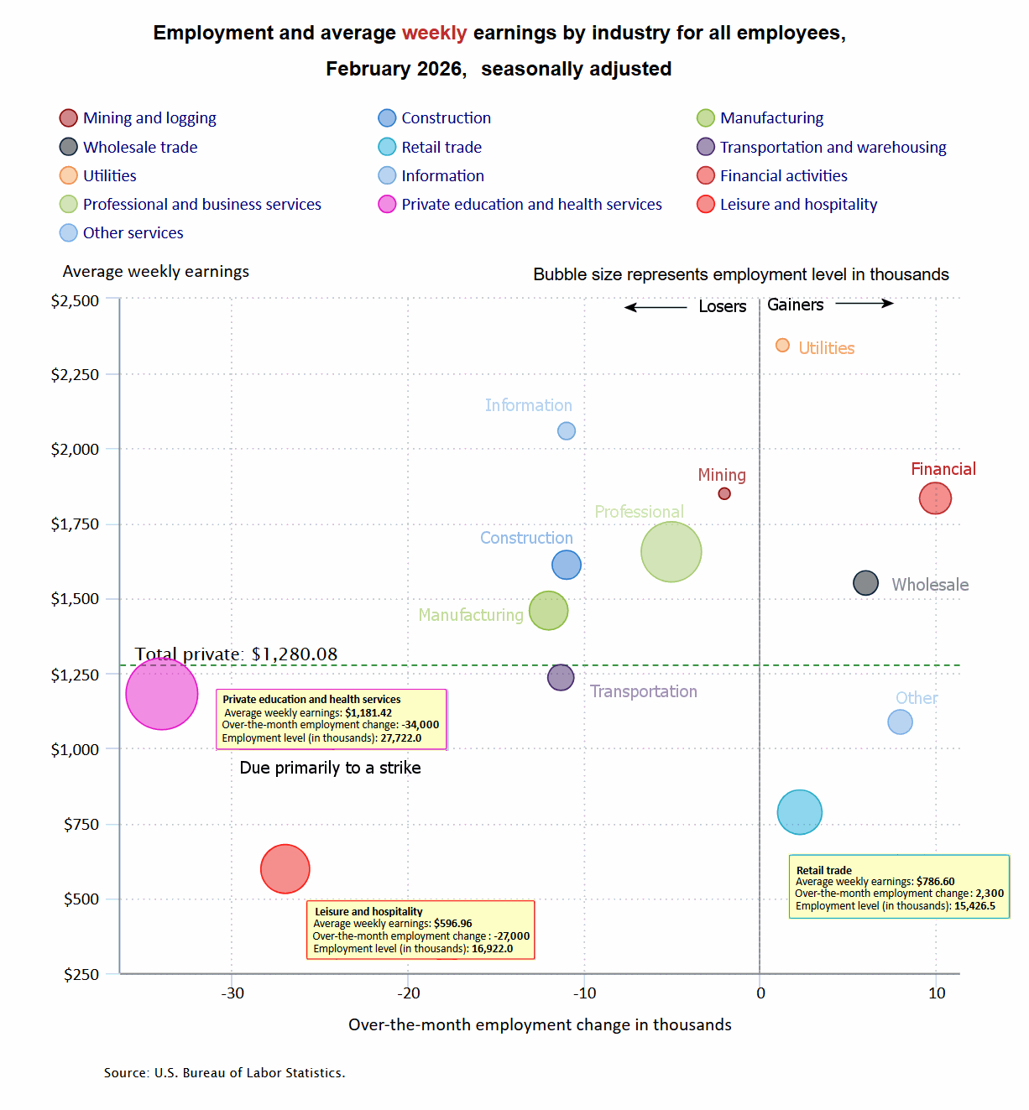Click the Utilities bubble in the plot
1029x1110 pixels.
pyautogui.click(x=782, y=346)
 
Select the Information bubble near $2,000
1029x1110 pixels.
pyautogui.click(x=567, y=431)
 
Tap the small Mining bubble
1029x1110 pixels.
pyautogui.click(x=724, y=493)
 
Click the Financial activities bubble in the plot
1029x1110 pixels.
pyautogui.click(x=935, y=498)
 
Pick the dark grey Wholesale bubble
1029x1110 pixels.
pyautogui.click(x=865, y=583)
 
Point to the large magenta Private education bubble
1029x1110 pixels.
pyautogui.click(x=162, y=694)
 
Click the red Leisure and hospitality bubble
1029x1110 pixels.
pyautogui.click(x=285, y=869)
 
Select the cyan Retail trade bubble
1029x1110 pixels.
pyautogui.click(x=799, y=812)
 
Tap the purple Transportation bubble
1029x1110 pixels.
pyautogui.click(x=561, y=677)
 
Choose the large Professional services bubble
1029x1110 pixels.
pyautogui.click(x=671, y=552)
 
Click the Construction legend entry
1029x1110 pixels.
pyautogui.click(x=446, y=118)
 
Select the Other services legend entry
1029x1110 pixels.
pyautogui.click(x=133, y=233)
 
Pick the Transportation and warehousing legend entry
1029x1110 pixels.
pyautogui.click(x=833, y=148)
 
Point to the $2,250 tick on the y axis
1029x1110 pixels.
pyautogui.click(x=75, y=375)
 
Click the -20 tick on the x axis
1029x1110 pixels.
pyautogui.click(x=409, y=993)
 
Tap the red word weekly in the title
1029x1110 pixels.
pyautogui.click(x=434, y=34)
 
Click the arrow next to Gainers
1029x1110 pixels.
pyautogui.click(x=864, y=304)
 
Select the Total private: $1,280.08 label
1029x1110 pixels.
pyautogui.click(x=236, y=654)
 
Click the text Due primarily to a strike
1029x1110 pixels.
pyautogui.click(x=330, y=768)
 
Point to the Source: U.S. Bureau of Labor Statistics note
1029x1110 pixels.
pyautogui.click(x=224, y=1073)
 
